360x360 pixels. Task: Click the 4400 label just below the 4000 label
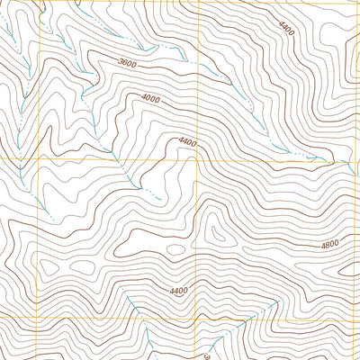coord(188,141)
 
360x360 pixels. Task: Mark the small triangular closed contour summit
coord(216,232)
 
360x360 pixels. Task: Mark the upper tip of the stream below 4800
coord(271,301)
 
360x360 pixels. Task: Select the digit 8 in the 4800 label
coord(330,244)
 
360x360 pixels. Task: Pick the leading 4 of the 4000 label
coord(144,97)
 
